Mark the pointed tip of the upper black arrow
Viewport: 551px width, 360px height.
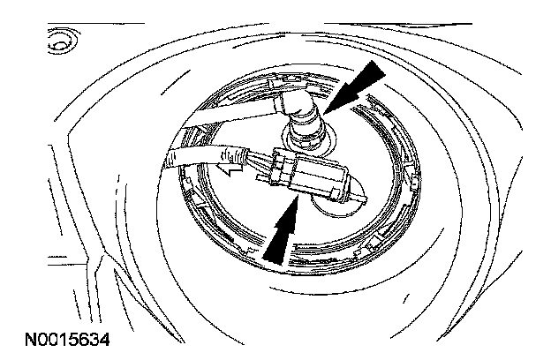pyautogui.click(x=326, y=110)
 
